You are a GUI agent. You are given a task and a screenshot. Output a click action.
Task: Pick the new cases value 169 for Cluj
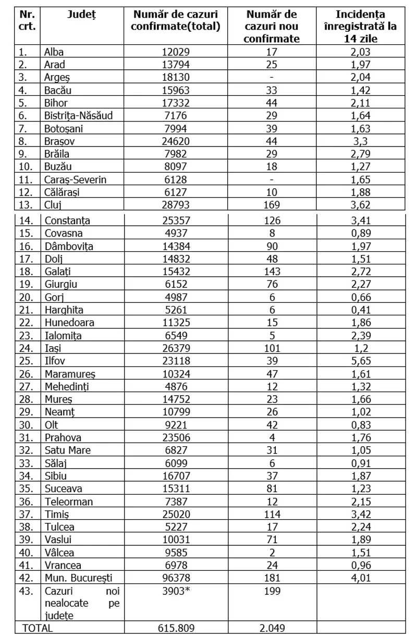pos(272,205)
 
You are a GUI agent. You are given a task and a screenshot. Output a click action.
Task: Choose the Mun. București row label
pos(78,578)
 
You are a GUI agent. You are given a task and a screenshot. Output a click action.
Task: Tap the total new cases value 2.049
pos(272,628)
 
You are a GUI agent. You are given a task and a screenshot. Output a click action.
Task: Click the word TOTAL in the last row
pos(37,628)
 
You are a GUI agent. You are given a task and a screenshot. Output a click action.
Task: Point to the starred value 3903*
pos(176,591)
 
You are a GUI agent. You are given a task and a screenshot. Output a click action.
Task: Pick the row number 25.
pos(24,360)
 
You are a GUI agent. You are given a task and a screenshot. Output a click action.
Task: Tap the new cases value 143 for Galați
pos(272,271)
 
